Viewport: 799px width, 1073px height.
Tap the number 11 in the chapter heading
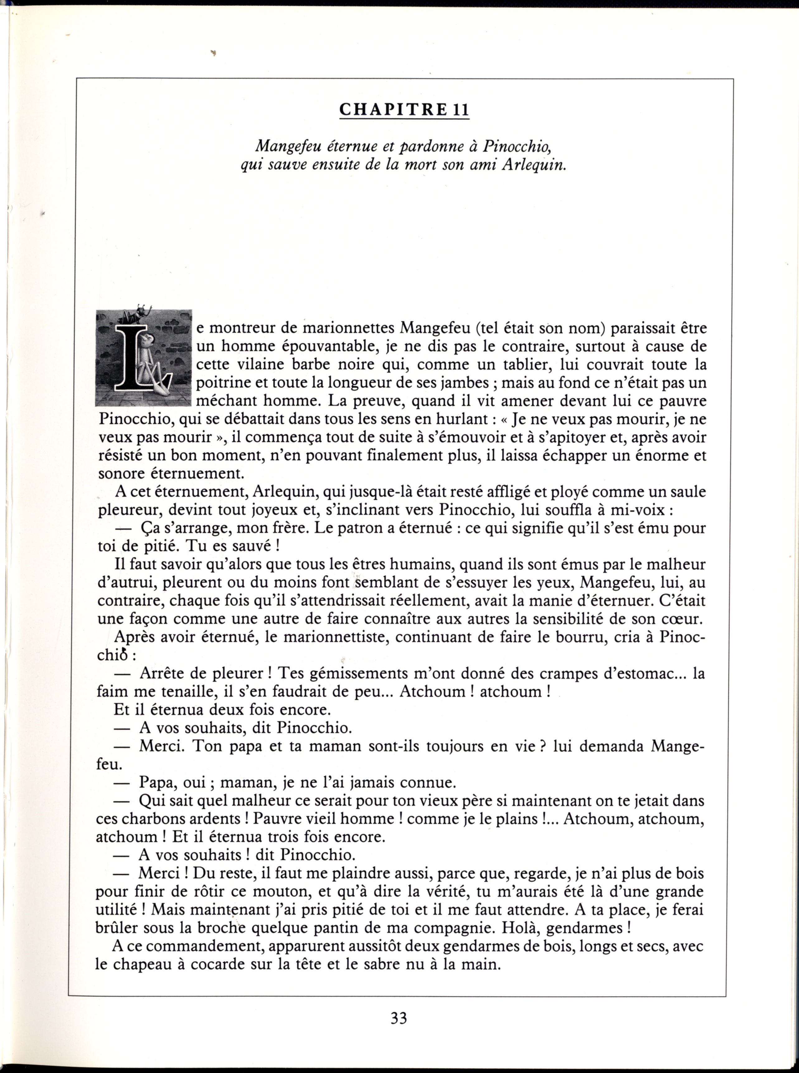pyautogui.click(x=461, y=110)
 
